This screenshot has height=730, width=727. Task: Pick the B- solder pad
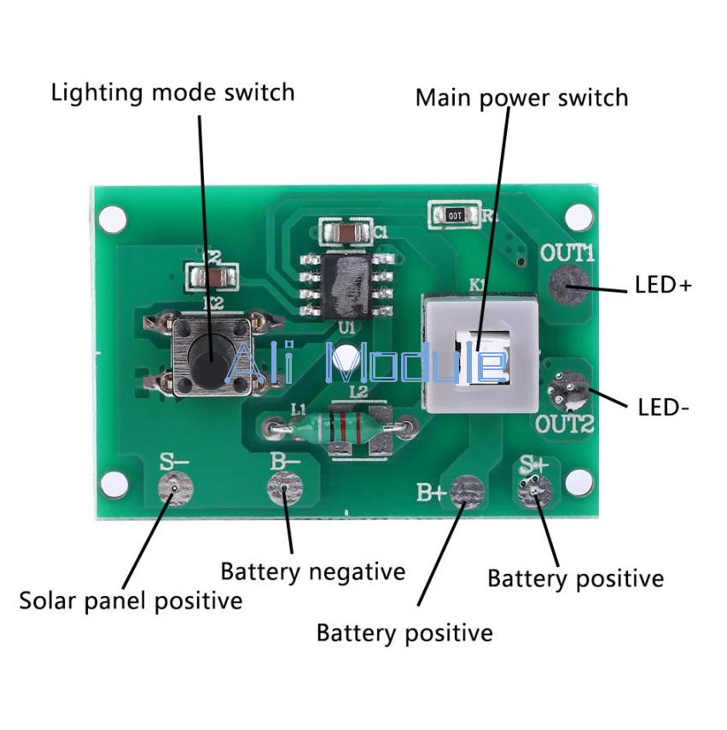[x=285, y=490]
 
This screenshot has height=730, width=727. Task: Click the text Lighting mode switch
[x=173, y=92]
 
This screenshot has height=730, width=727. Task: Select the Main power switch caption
[x=521, y=97]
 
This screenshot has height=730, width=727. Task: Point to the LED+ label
[x=663, y=285]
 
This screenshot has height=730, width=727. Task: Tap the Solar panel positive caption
[x=131, y=600]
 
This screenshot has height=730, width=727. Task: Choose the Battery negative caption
[x=312, y=571]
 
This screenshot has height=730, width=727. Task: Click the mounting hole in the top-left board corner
[x=112, y=221]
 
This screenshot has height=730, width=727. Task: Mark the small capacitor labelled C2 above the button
[x=211, y=274]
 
